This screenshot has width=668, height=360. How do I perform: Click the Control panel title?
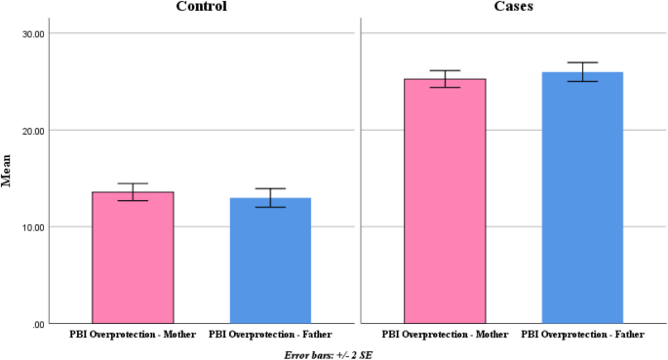(x=202, y=7)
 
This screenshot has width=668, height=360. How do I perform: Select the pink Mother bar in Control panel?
(x=133, y=258)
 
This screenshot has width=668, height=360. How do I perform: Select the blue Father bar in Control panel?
(x=270, y=260)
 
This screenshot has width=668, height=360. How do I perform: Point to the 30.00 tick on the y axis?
(x=33, y=33)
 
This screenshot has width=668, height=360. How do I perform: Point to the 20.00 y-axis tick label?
(x=33, y=130)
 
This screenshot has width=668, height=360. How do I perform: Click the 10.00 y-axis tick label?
(x=33, y=226)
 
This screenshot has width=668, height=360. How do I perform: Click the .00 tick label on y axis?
(x=37, y=324)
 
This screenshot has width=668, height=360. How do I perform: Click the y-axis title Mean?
(x=8, y=179)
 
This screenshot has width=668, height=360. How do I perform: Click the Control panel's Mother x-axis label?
(x=133, y=335)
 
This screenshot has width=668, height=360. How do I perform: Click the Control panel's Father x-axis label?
(x=270, y=335)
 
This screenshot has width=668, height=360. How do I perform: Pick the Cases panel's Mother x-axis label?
(x=445, y=335)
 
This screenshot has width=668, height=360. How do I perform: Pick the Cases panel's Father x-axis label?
(x=582, y=335)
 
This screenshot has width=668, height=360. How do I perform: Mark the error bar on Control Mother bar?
(x=133, y=192)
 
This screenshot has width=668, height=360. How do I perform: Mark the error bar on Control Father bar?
(x=270, y=198)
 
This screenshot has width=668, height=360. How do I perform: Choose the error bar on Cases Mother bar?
(x=445, y=79)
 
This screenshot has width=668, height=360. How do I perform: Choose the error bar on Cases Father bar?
(x=582, y=72)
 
